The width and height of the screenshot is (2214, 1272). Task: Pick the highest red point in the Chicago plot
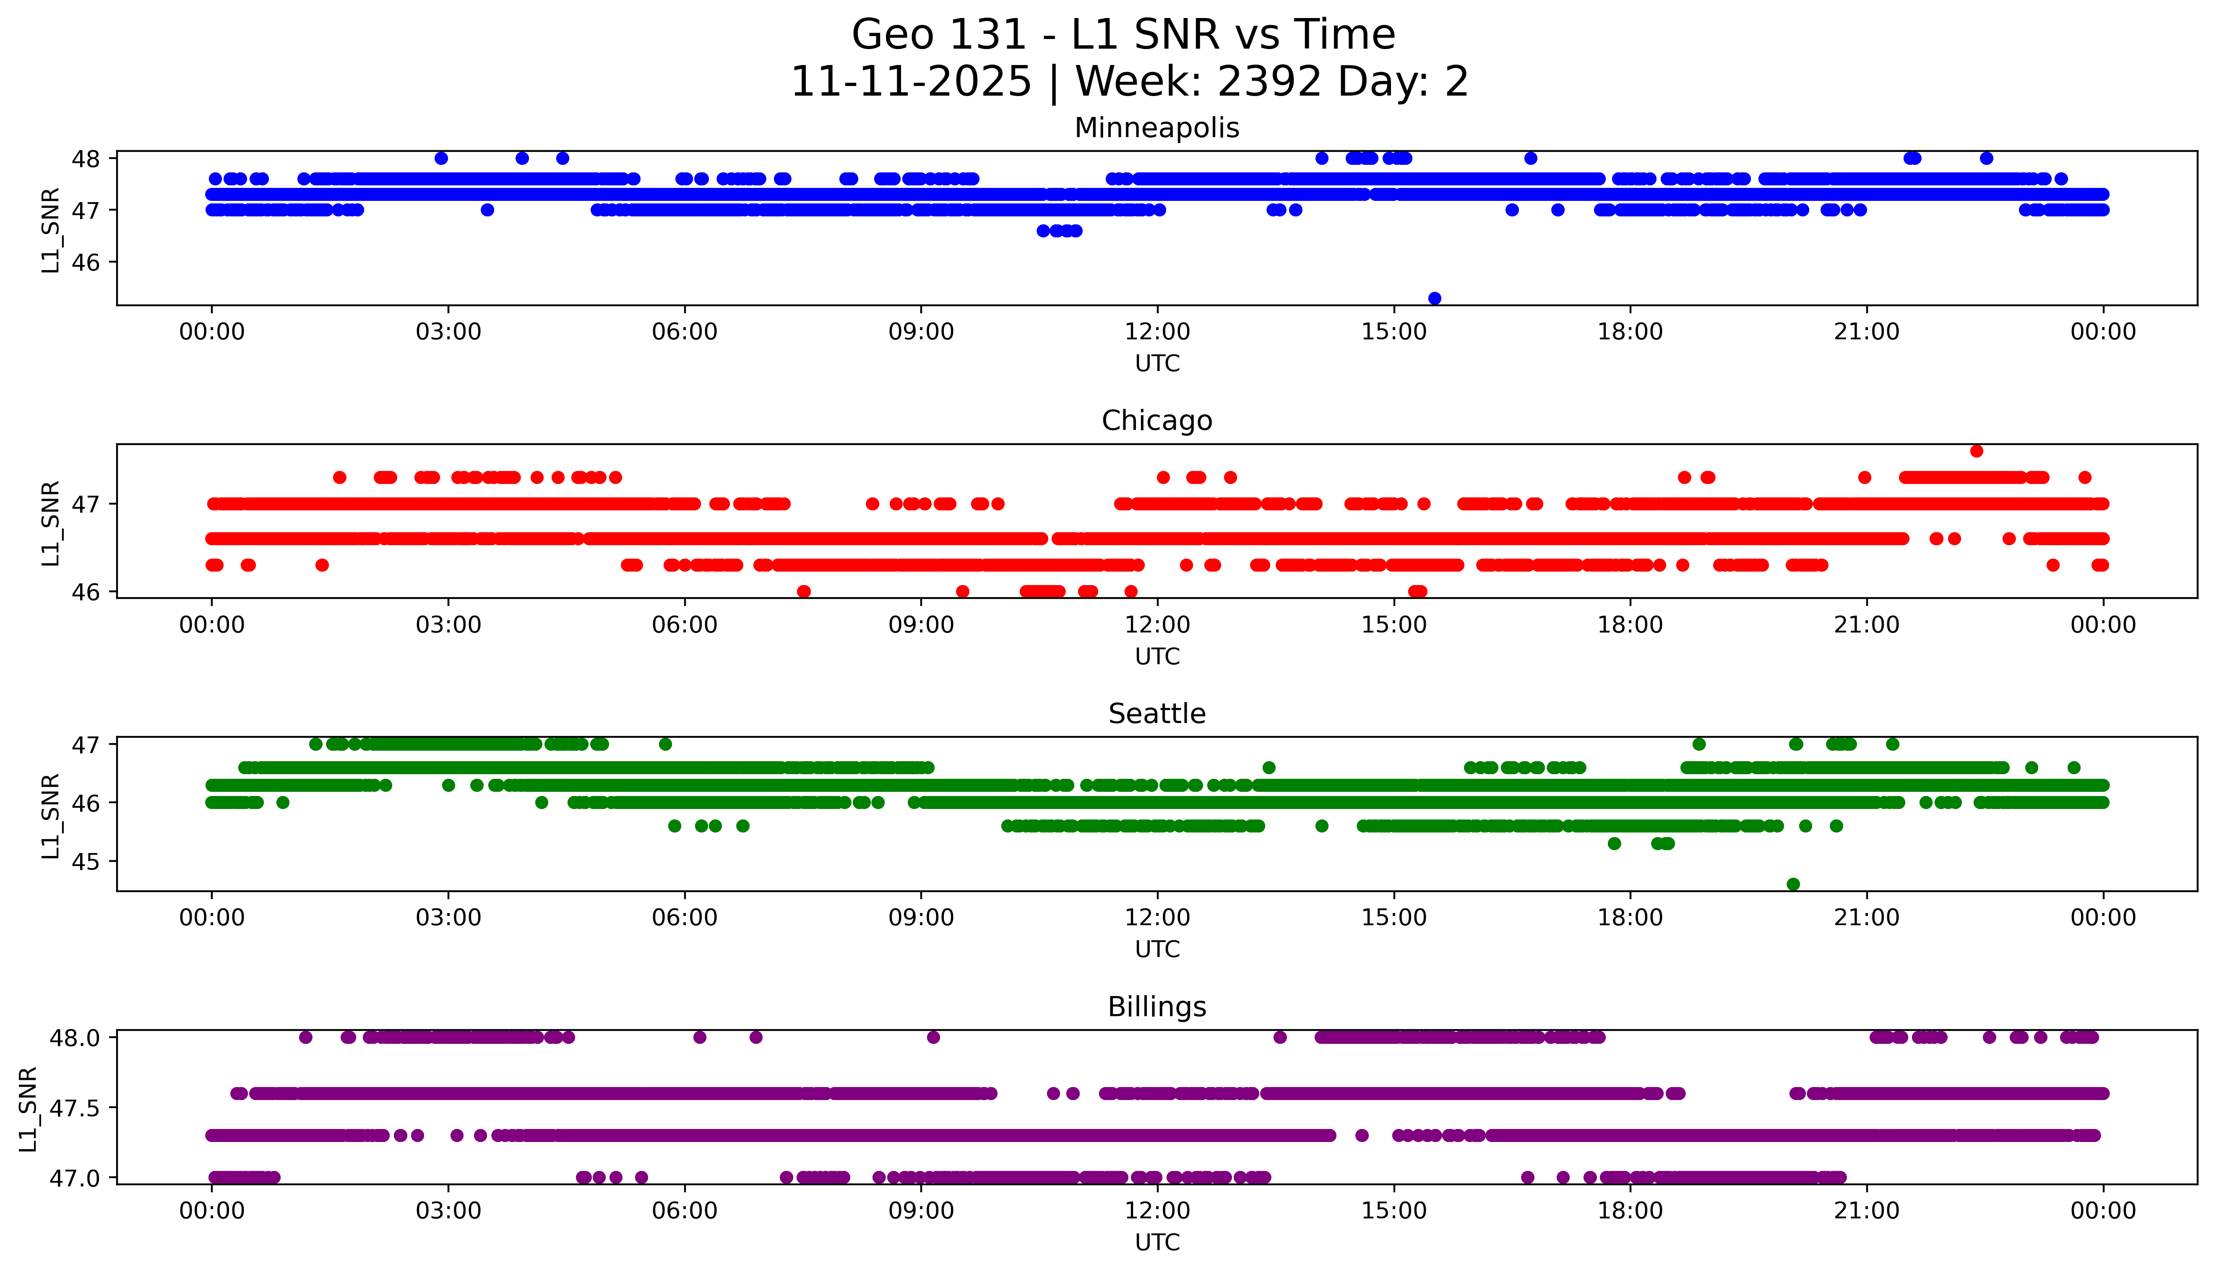(1976, 451)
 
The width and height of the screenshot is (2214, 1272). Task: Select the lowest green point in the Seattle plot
(1793, 884)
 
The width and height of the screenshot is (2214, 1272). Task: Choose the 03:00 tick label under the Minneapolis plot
(448, 332)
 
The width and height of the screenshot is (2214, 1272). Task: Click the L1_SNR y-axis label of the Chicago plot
(51, 523)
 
